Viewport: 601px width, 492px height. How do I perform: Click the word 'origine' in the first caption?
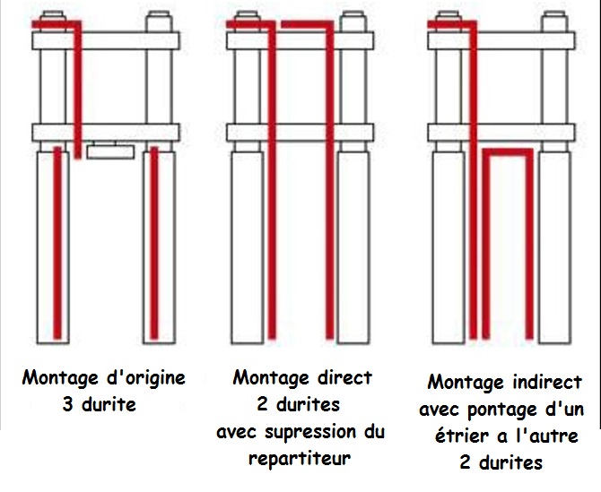point(144,378)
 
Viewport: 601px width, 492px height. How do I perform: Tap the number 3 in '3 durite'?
point(68,405)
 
